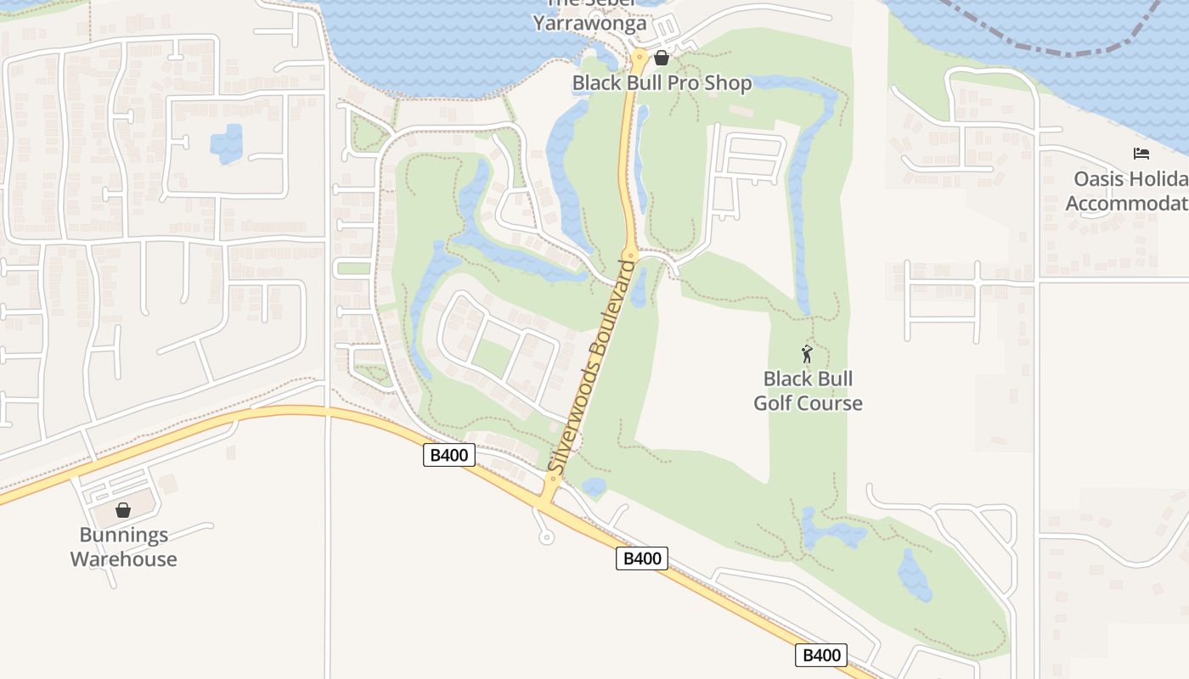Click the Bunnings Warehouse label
[123, 547]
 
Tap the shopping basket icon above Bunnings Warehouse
[123, 510]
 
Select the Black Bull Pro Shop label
[662, 83]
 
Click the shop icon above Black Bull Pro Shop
[662, 58]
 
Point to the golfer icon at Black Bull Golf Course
[807, 354]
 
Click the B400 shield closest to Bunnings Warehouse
[449, 455]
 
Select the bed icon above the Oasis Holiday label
[1141, 153]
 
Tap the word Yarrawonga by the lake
[589, 23]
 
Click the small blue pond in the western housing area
[226, 143]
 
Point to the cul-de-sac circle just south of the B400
[546, 537]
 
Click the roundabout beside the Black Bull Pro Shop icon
[639, 59]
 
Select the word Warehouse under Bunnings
[123, 558]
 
